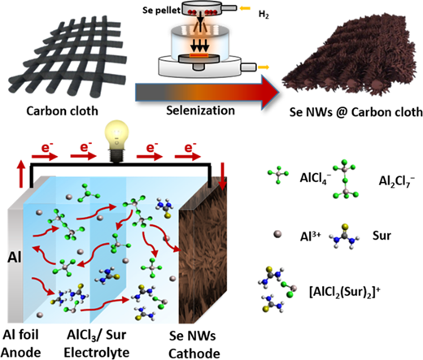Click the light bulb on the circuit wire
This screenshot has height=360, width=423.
(x=117, y=141)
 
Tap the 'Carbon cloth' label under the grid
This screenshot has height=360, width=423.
(x=62, y=111)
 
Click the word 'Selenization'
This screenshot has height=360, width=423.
(x=200, y=111)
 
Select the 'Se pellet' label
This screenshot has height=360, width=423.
(x=161, y=11)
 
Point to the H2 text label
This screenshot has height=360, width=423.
(x=264, y=14)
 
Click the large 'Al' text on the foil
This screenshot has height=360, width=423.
(x=15, y=257)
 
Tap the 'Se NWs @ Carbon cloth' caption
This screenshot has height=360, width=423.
(x=355, y=112)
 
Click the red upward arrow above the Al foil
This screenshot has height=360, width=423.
(x=21, y=174)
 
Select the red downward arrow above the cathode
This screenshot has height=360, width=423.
(x=223, y=176)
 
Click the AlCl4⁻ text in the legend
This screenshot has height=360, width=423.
(x=316, y=178)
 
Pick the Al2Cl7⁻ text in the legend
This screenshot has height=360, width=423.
(x=397, y=180)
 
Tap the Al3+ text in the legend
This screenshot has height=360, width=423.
(x=310, y=236)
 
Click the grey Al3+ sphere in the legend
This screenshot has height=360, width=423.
(x=277, y=234)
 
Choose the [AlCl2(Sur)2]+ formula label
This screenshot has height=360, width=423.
(x=345, y=292)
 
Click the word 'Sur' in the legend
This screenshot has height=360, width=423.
(x=382, y=236)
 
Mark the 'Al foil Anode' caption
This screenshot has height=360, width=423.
(x=21, y=344)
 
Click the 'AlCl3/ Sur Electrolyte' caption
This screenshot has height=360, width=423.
(x=97, y=344)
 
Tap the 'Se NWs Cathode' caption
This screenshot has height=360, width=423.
(x=194, y=345)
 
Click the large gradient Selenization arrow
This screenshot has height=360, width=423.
(x=207, y=93)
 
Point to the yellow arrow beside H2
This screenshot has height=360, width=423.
(x=245, y=8)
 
